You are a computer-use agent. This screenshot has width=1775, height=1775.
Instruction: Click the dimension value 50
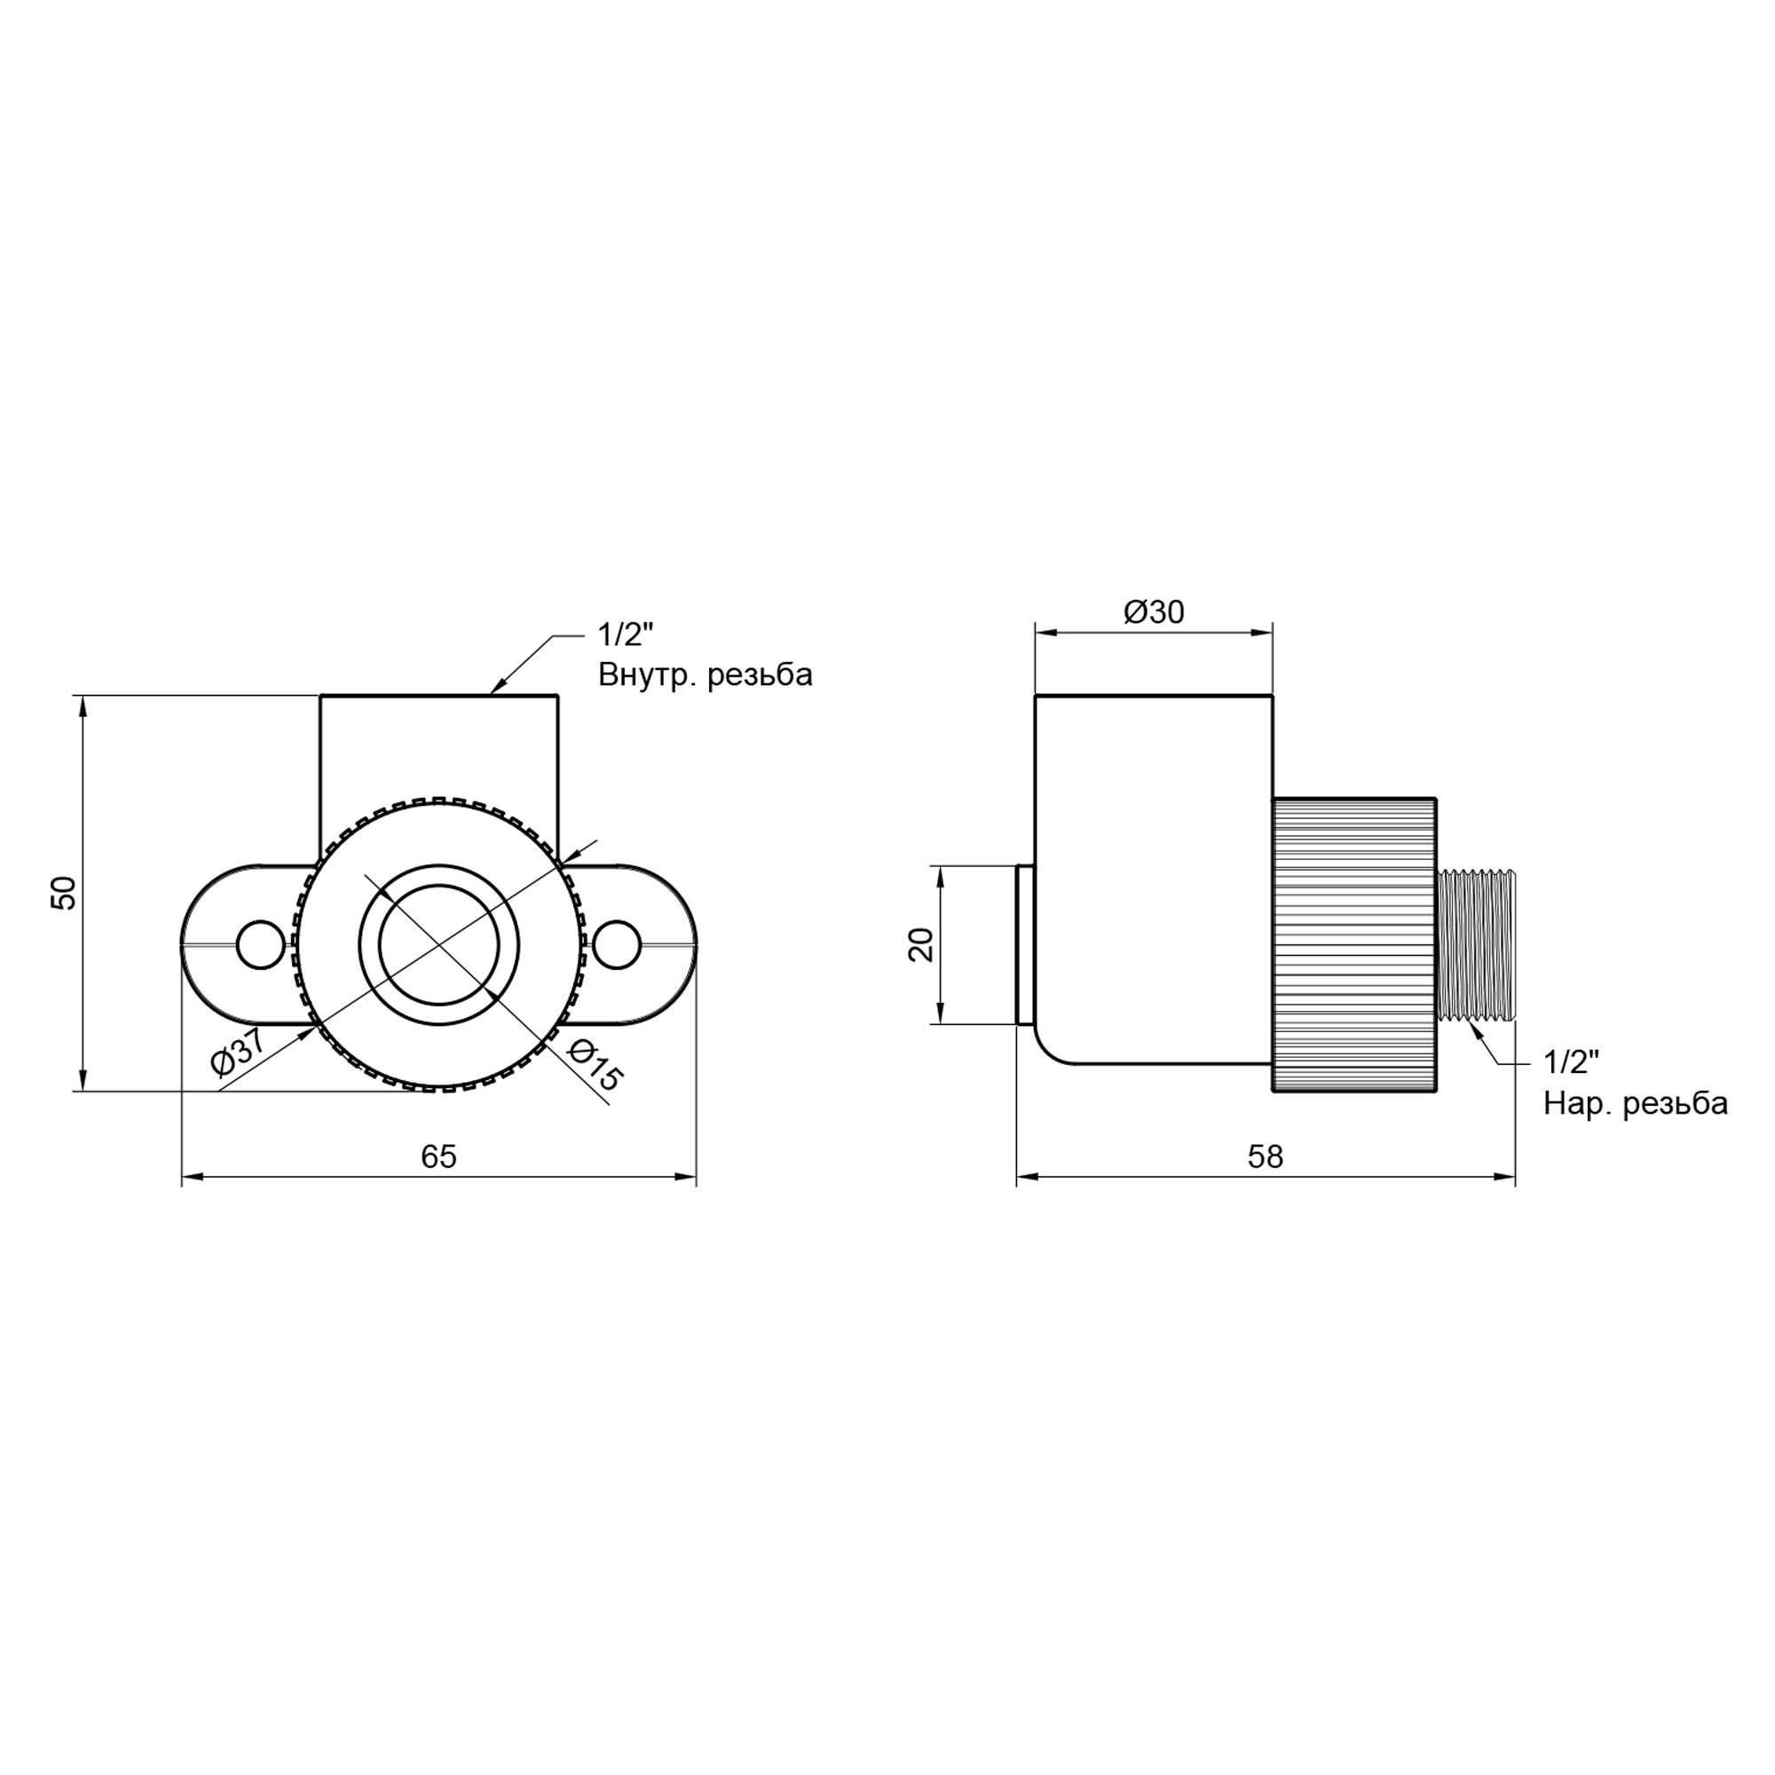[x=63, y=892]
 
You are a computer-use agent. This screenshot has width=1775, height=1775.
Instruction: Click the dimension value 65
[x=438, y=1156]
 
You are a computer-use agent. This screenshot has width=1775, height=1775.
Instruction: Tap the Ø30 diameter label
[x=1154, y=611]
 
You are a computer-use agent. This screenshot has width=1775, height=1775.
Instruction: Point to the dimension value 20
[x=920, y=944]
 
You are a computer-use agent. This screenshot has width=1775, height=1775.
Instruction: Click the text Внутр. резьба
[x=705, y=675]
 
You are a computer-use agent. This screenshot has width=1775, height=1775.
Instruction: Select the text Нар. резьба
[x=1636, y=1103]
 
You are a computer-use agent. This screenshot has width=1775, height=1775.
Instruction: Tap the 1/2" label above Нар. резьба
[x=1572, y=1062]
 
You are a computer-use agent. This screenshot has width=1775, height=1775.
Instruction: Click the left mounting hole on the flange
[x=260, y=944]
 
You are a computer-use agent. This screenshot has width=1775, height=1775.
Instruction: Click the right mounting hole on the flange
[x=617, y=944]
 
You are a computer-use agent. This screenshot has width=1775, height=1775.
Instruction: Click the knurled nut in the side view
[x=1353, y=944]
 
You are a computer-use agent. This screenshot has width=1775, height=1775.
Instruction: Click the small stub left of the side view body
[x=1024, y=944]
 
